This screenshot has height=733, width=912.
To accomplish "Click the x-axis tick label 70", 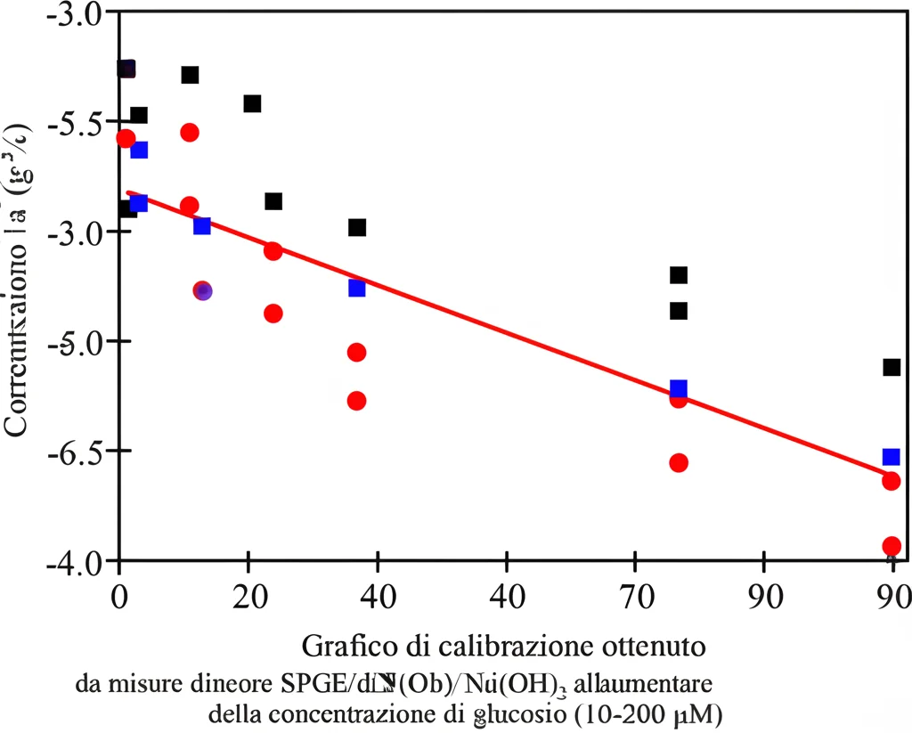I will point(634,591).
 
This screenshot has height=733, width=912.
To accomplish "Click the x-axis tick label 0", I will point(119,591).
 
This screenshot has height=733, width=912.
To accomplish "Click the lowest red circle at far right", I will point(891,546).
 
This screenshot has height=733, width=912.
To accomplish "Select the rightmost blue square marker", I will point(891,457).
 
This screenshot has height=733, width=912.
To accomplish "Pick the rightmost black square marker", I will point(891,367).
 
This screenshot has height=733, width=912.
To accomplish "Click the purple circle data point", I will point(203,291).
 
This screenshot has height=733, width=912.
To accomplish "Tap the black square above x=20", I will point(252,104).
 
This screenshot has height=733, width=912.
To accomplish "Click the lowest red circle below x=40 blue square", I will point(356,401).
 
